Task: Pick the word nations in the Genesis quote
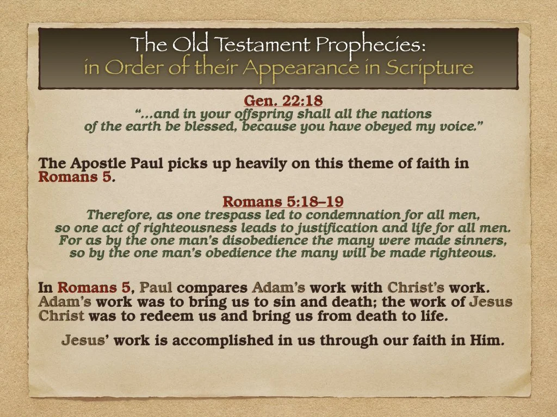pos(404,114)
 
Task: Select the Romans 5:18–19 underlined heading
pos(283,201)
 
